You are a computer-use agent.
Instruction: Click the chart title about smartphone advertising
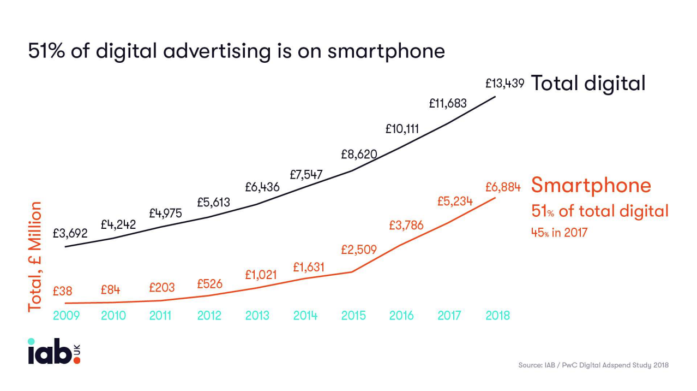236,51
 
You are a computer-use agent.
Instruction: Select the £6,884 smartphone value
503,187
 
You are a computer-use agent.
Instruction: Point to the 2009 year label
66,316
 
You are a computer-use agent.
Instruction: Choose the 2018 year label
497,316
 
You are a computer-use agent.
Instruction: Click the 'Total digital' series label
588,84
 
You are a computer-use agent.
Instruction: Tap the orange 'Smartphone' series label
591,186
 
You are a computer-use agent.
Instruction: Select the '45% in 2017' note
559,233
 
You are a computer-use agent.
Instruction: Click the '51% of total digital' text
599,211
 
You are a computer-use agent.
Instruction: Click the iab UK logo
54,352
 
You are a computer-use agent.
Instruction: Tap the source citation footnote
593,365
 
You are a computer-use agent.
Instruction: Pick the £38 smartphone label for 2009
62,291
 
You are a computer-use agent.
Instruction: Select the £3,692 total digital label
70,233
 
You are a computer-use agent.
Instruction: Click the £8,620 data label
359,154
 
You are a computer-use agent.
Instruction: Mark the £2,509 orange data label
359,250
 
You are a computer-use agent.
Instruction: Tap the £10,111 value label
402,129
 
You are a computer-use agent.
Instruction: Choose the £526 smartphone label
209,284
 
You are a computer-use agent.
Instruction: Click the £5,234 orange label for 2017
455,202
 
